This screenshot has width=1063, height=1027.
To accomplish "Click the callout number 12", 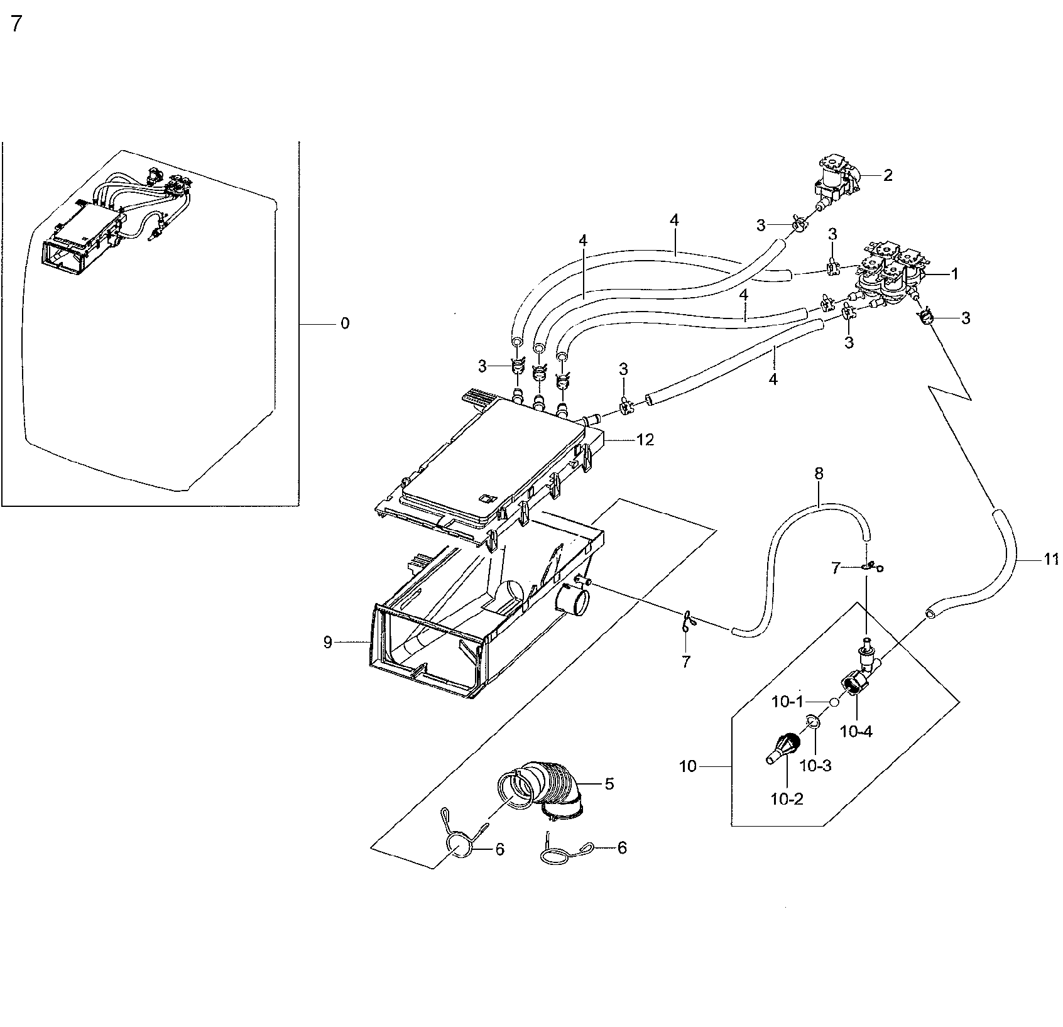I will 645,440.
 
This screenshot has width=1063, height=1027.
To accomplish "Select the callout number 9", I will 327,643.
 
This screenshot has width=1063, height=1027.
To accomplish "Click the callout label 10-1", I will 787,702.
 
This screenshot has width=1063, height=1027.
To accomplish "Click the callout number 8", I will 819,474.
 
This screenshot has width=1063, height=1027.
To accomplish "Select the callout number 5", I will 609,784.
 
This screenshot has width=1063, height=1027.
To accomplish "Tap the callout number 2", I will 887,175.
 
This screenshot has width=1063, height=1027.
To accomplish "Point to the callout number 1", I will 954,273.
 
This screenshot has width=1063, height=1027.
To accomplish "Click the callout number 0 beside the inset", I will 345,323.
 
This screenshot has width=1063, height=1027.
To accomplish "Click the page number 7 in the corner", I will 16,24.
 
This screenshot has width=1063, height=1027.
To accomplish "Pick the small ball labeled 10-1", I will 832,702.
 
